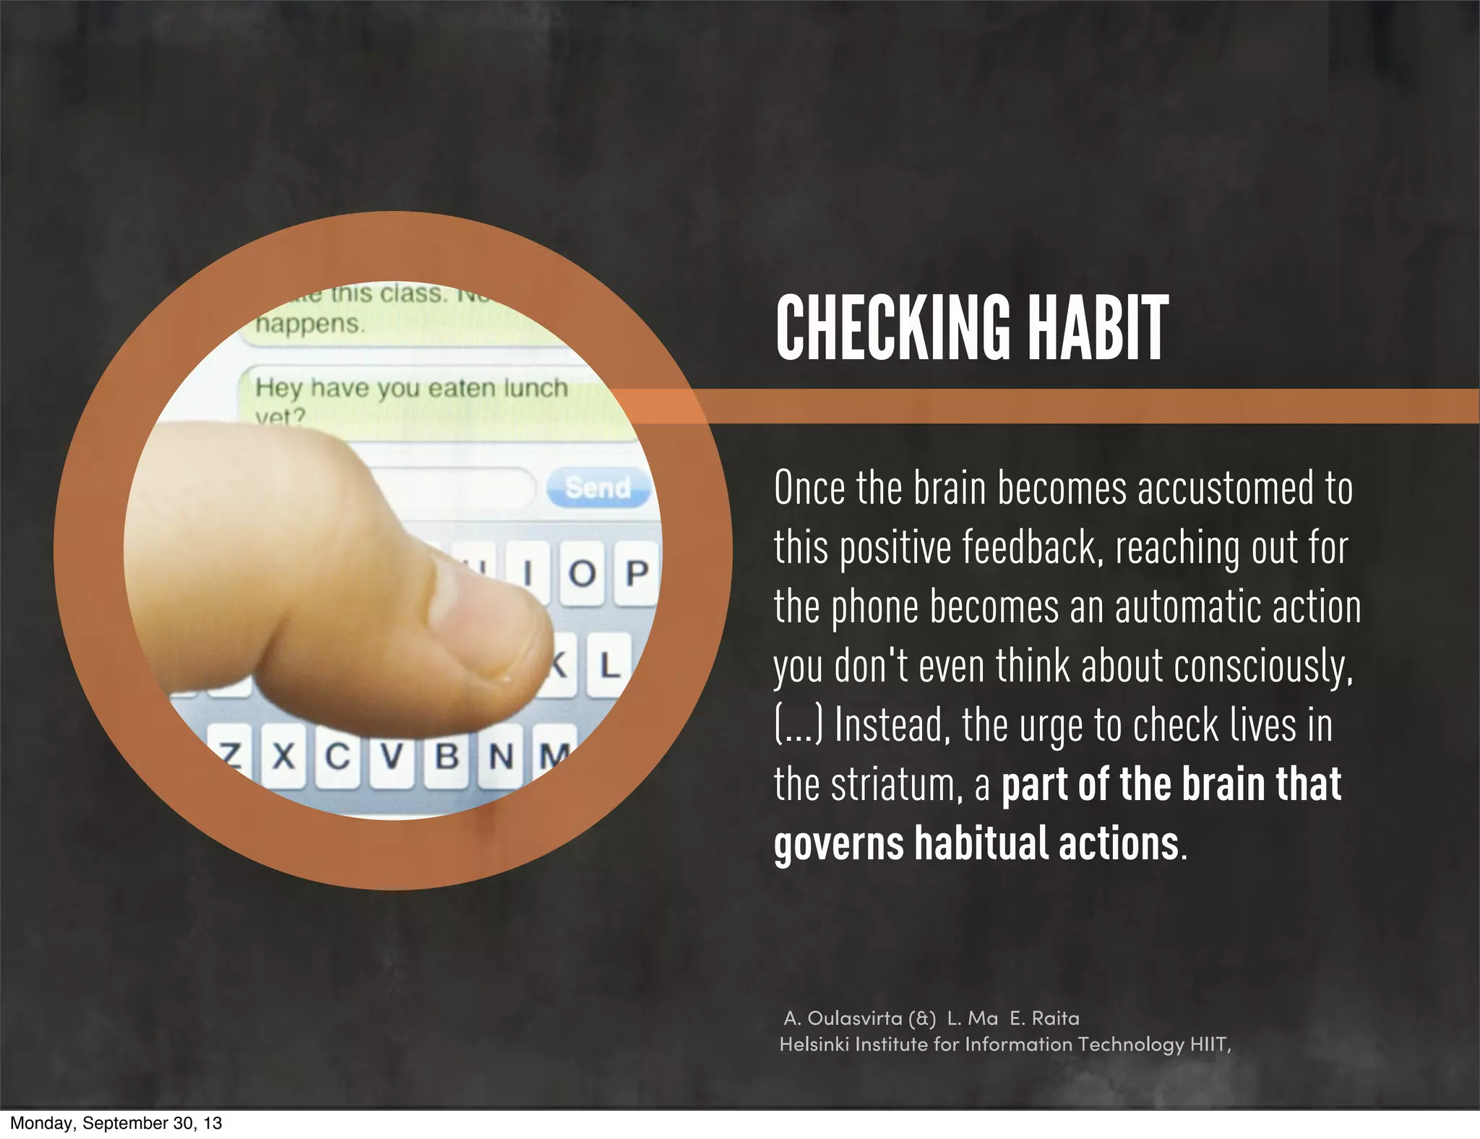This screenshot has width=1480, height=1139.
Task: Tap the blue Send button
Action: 598,487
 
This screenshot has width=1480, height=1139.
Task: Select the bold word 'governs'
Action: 838,843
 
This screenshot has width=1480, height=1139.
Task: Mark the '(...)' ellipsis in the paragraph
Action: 799,725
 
